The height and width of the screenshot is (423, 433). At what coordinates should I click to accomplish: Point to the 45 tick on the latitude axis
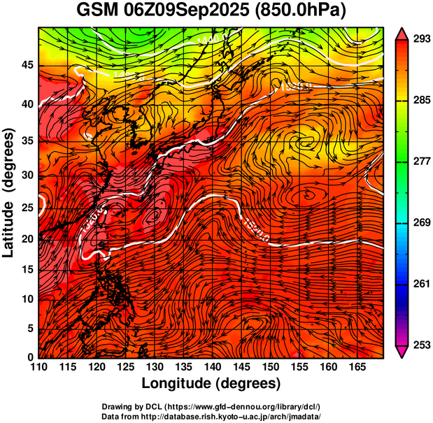(x=29, y=65)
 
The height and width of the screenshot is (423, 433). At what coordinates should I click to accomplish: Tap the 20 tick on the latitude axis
(x=29, y=238)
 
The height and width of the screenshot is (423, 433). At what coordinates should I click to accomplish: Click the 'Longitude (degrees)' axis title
(x=211, y=384)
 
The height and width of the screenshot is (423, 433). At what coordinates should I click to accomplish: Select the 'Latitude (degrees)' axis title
(x=10, y=192)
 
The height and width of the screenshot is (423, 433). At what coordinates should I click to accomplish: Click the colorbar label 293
(x=420, y=39)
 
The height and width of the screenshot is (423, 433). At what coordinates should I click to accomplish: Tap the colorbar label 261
(x=420, y=284)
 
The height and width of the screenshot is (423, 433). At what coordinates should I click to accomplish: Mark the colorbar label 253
(x=420, y=345)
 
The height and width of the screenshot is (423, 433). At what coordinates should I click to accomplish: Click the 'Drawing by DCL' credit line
(x=211, y=406)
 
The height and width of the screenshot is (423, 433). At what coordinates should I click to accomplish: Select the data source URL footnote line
(x=211, y=415)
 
